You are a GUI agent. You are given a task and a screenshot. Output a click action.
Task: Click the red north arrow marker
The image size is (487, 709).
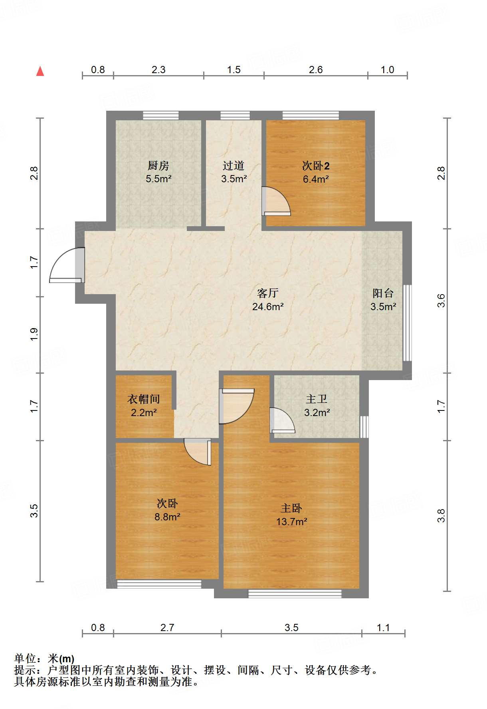[40, 71]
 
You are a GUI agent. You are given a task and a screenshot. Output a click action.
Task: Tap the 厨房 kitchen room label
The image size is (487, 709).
[158, 165]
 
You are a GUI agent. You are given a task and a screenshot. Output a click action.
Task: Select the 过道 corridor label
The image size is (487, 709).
[234, 165]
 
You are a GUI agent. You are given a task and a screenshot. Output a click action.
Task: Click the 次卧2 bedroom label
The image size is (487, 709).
[316, 165]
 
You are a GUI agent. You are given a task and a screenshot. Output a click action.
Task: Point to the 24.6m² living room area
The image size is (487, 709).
[268, 307]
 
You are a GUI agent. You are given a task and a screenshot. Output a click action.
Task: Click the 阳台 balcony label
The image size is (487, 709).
[383, 293]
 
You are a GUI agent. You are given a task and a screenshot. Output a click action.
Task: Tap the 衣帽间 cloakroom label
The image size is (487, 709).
[144, 398]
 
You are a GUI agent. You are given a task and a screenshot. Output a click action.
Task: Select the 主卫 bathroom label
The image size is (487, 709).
[317, 399]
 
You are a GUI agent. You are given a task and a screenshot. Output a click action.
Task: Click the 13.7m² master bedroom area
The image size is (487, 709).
[291, 522]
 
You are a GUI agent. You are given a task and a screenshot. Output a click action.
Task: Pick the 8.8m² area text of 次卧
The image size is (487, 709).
[167, 517]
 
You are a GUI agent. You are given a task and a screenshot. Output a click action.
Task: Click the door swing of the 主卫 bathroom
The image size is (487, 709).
[282, 420]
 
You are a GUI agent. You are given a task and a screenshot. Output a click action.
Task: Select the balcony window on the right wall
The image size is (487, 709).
[407, 323]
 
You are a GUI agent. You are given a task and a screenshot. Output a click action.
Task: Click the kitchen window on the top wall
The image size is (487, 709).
[161, 116]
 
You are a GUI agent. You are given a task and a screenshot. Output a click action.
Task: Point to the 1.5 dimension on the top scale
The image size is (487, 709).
[234, 70]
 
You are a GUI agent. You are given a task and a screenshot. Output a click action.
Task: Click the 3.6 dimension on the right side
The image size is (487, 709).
[441, 301]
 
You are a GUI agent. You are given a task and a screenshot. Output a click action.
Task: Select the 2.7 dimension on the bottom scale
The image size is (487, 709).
[167, 627]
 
